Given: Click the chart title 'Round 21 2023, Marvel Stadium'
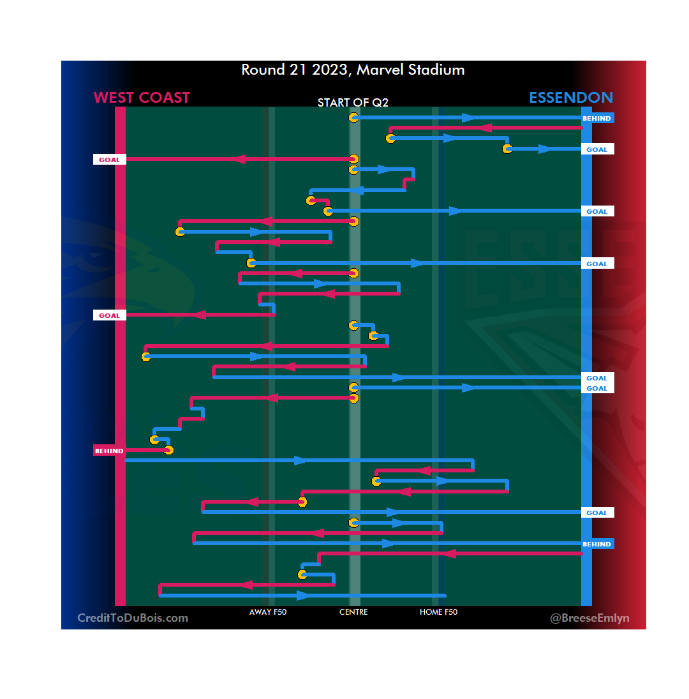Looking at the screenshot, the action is coord(353,70).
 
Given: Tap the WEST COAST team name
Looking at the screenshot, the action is coord(142,98).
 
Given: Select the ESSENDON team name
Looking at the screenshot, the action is coord(571,98).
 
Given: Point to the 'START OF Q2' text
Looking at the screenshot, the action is coord(353,103).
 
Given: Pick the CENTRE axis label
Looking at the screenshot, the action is coord(353,612).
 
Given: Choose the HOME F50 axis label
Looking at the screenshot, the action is coord(438,612).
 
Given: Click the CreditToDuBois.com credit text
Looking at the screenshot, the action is coord(133,618).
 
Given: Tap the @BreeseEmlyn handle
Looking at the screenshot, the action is coord(589,618).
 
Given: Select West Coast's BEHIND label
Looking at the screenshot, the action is coord(109,451).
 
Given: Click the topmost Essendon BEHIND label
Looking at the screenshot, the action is coord(597,118).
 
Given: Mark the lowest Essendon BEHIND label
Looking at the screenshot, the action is coord(597,545).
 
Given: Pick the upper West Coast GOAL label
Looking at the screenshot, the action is coord(109,160).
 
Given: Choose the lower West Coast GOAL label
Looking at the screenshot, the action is coord(109,315).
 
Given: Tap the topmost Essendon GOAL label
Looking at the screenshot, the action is coord(597,149).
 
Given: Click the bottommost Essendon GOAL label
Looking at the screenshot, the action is coord(597,513).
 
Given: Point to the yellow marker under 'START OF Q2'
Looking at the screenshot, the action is coord(353,117).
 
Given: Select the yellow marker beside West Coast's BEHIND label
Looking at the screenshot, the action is coord(168,450).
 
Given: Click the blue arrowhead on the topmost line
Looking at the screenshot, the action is coord(468,117).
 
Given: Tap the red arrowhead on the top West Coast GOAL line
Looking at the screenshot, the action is coord(239,159).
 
